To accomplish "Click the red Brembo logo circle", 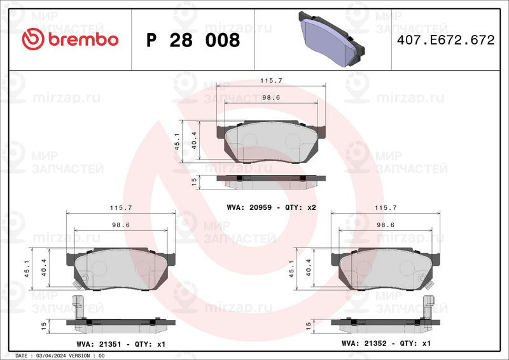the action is (x=33, y=39).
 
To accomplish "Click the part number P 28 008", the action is (x=193, y=40).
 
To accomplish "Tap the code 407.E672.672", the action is (x=446, y=40).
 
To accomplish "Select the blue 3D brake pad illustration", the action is (x=331, y=39).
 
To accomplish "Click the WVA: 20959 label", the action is (x=249, y=207).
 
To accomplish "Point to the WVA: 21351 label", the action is (x=99, y=344).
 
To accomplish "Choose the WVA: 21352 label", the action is (x=364, y=343).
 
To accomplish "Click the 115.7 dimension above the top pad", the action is (x=271, y=81).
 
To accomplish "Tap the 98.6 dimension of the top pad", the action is (x=271, y=97).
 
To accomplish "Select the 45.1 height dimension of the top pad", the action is (x=177, y=142).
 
